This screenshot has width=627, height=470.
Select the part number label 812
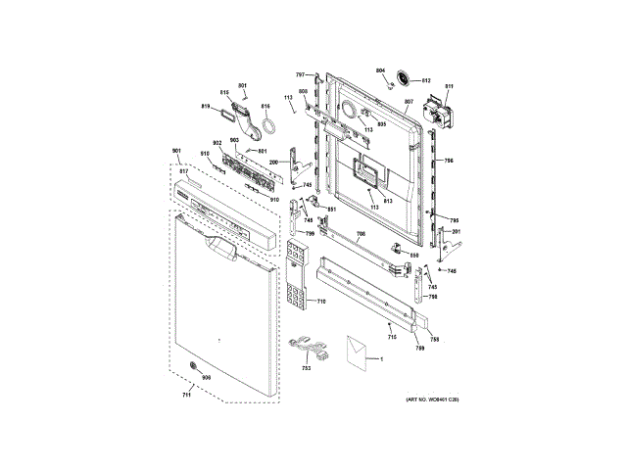tap(426, 80)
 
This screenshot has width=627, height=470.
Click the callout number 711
tap(187, 395)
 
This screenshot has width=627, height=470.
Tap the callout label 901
tap(176, 151)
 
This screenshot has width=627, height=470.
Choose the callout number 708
tap(360, 232)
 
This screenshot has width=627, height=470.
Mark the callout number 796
tap(448, 161)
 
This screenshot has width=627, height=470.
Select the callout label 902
tap(217, 144)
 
